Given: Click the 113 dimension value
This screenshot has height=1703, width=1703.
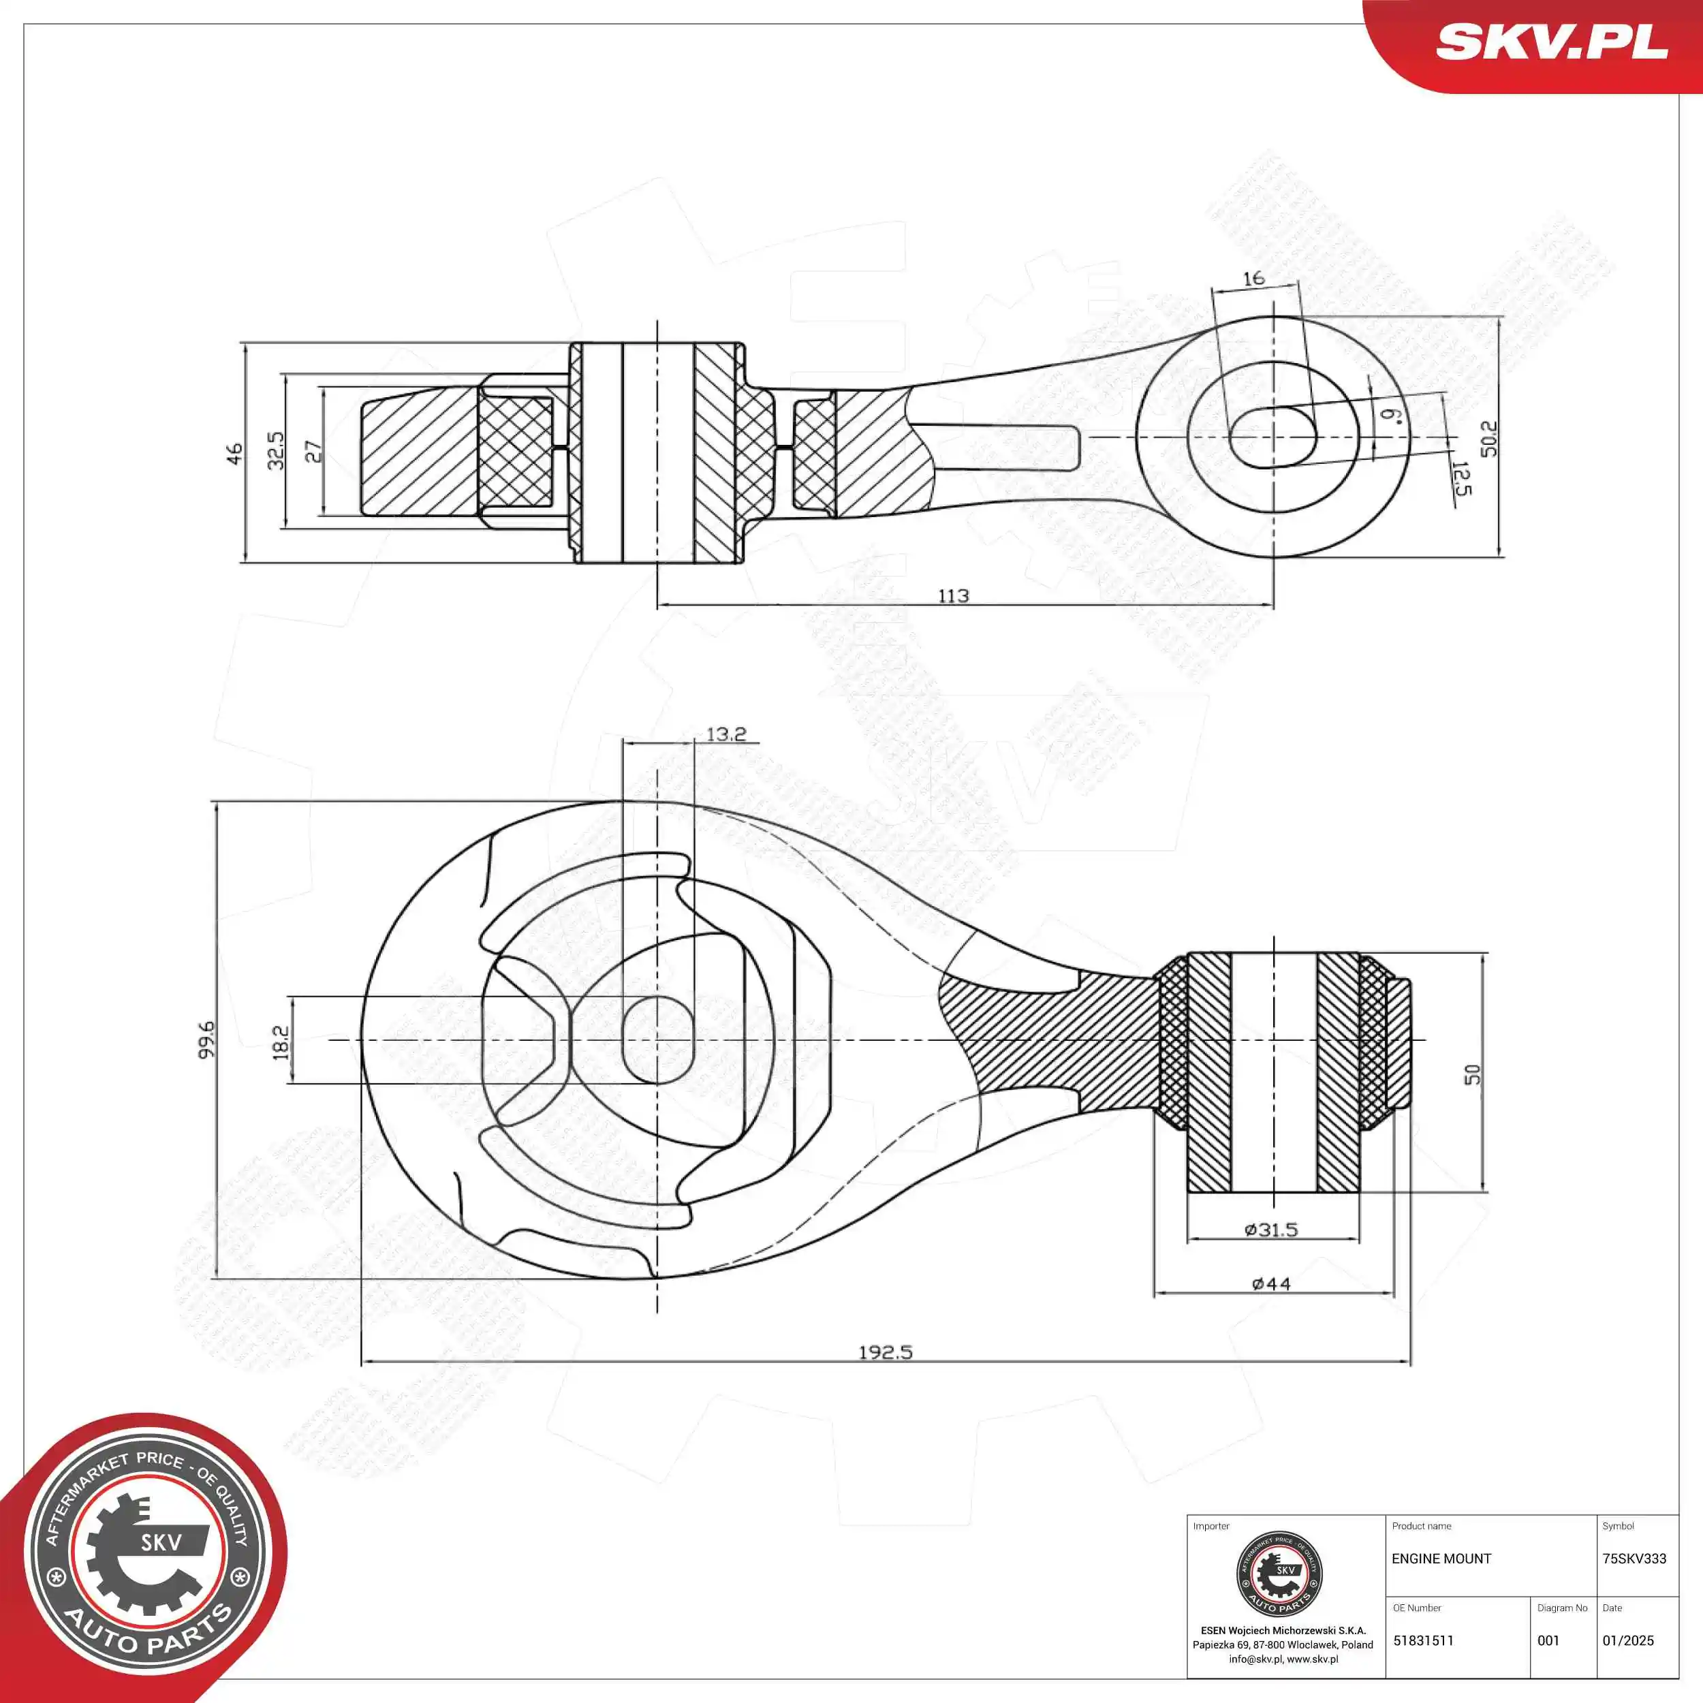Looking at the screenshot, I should point(953,596).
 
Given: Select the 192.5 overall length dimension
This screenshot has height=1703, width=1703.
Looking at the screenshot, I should point(885,1352).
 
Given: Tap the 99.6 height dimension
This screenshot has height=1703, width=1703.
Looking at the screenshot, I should point(206,1040).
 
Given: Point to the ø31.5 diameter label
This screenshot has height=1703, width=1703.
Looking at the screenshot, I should point(1271,1230).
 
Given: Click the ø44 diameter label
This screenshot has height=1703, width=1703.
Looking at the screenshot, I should point(1271,1284).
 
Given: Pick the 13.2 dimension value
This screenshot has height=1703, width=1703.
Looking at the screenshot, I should point(725,734).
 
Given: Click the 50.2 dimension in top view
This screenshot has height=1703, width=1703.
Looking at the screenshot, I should point(1488,438).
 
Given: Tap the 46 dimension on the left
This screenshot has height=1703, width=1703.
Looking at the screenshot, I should point(234,453).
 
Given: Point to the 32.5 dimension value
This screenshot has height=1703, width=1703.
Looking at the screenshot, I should point(276,450).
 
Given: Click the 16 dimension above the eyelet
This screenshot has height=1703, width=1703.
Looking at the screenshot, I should point(1253,279).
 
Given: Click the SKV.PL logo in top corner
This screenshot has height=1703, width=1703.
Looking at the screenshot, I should point(1551,42).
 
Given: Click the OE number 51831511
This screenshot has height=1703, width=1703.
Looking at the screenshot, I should point(1423,1640).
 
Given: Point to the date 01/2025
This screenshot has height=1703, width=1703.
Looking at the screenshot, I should point(1628,1640).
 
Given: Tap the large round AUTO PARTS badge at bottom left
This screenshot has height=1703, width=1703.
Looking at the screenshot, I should point(146,1559).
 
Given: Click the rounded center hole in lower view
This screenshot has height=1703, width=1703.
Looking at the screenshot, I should point(657,1040).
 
